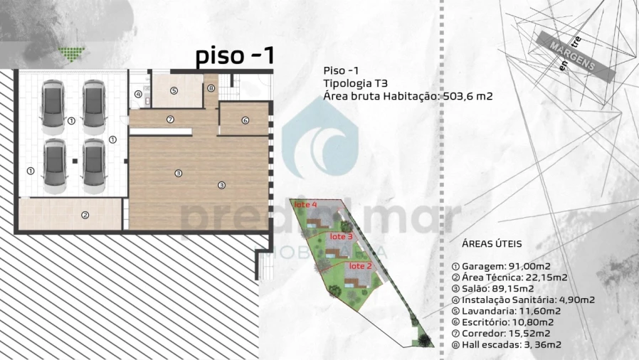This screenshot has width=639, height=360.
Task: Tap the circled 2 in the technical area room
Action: (85, 215)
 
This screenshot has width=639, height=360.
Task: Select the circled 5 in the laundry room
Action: (174, 91)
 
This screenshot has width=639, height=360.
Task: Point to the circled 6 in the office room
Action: (245, 120)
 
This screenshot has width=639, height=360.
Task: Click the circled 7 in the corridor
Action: (170, 120)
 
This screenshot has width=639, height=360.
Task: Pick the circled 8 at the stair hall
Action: (211, 88)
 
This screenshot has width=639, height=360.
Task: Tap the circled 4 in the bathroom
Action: (138, 95)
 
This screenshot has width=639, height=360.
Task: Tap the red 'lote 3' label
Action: (342, 236)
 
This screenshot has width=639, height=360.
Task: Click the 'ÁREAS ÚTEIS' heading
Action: (492, 243)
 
